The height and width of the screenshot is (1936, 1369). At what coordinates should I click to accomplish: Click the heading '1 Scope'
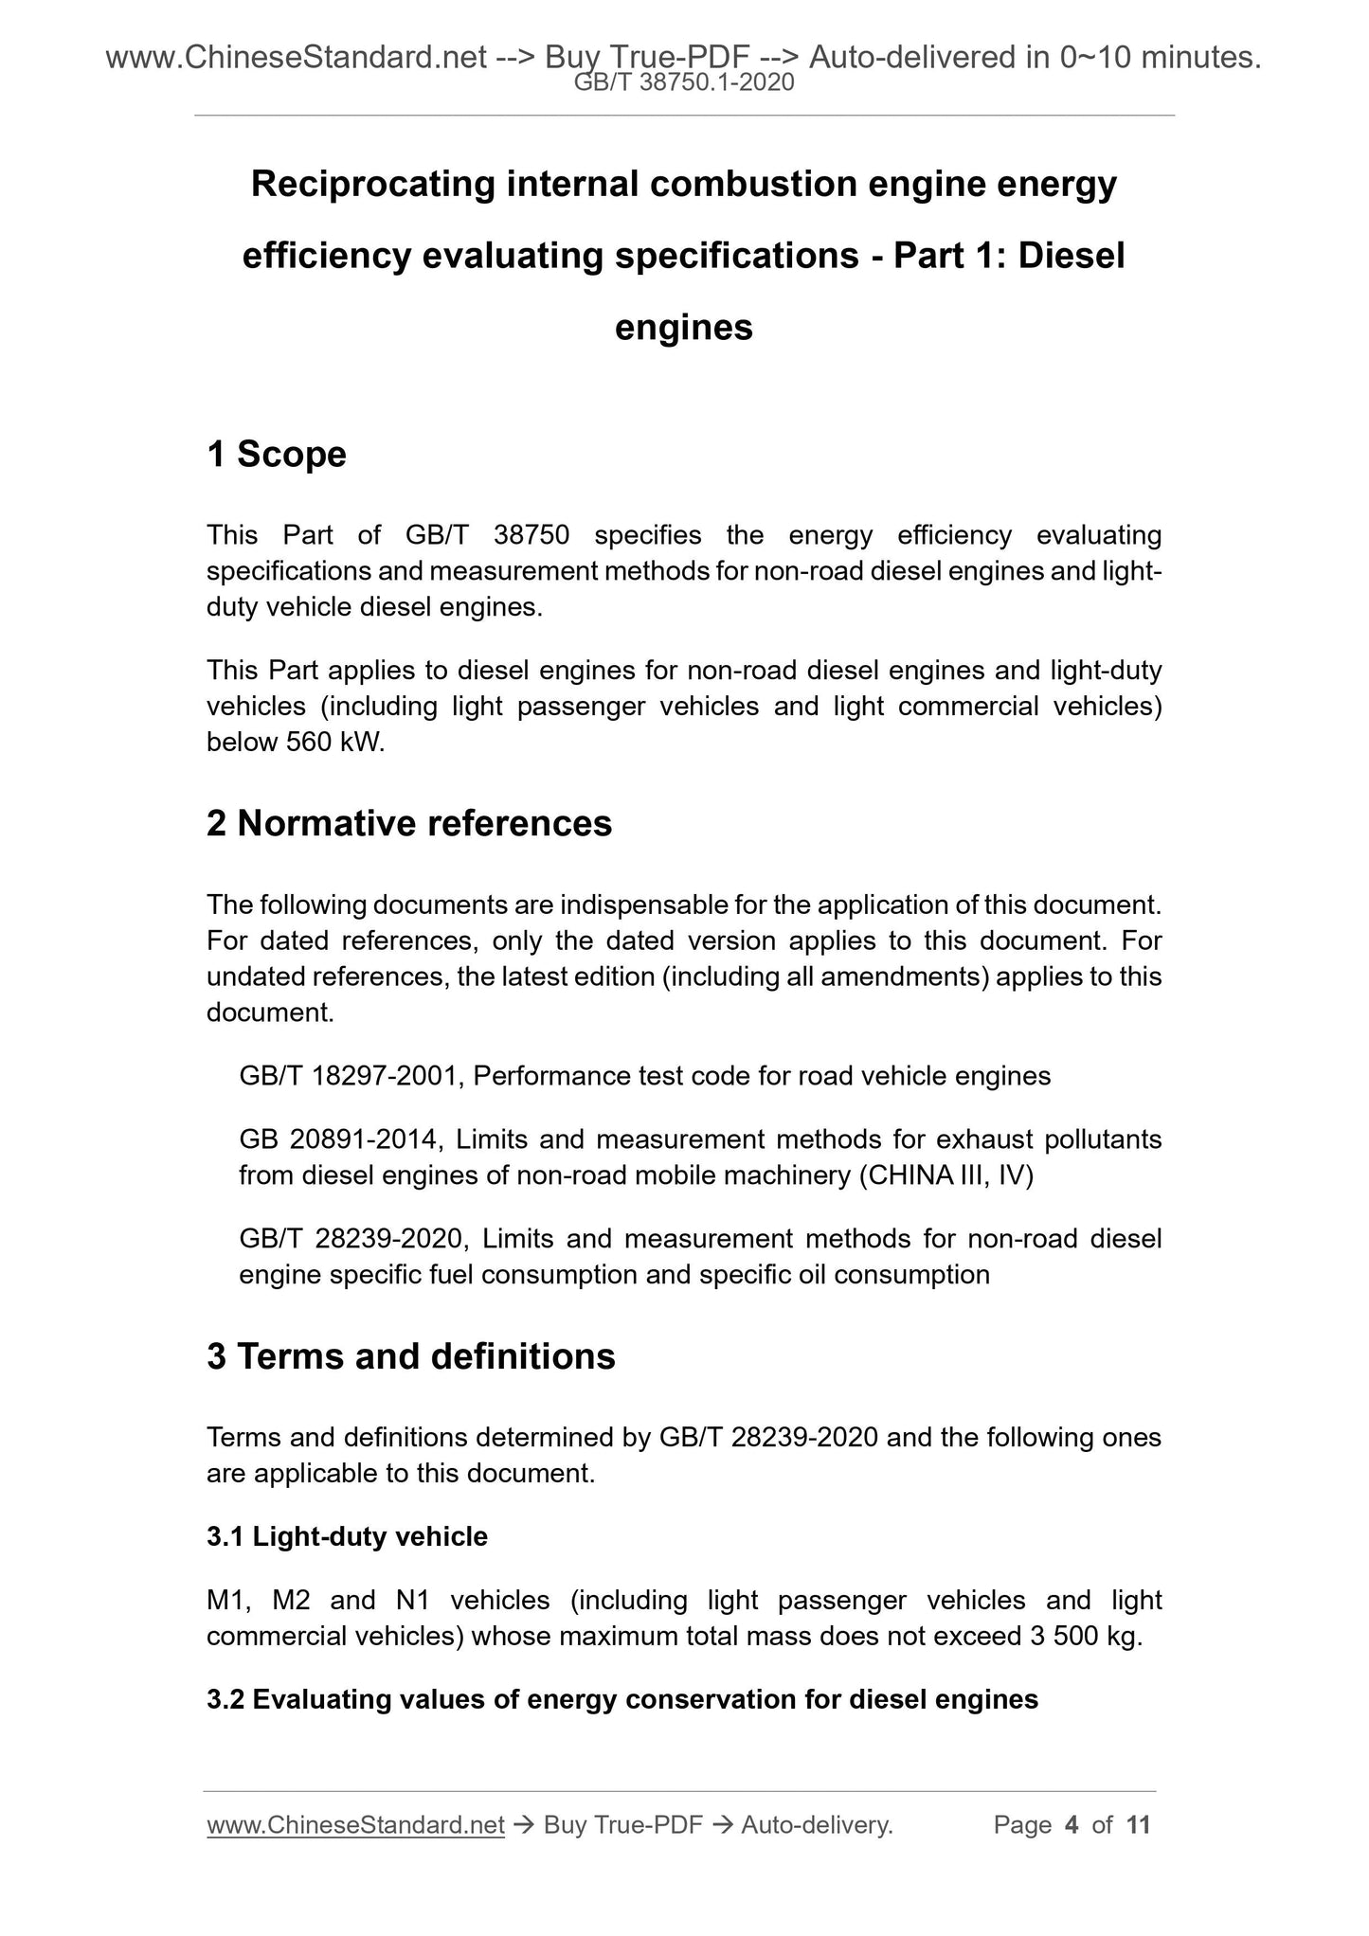click(277, 455)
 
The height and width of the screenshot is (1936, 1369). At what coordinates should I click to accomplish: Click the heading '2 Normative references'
click(409, 823)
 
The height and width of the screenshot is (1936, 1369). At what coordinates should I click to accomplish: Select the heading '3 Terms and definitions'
click(411, 1356)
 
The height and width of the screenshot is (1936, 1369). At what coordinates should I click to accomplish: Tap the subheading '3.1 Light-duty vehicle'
click(347, 1536)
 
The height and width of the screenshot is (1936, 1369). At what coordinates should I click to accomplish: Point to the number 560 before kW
click(307, 743)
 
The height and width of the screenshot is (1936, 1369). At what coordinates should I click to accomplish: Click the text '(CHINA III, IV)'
click(946, 1175)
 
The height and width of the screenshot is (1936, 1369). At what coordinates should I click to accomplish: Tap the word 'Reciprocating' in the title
click(372, 184)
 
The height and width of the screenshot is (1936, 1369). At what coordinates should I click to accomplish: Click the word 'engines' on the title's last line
click(684, 328)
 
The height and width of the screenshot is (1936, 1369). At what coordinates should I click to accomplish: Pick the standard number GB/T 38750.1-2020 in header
click(684, 83)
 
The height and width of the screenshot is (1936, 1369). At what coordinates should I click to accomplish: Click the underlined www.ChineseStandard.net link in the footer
click(355, 1825)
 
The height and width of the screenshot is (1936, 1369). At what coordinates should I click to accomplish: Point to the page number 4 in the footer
click(1072, 1825)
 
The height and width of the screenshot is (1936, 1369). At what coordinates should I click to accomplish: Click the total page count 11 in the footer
click(1138, 1825)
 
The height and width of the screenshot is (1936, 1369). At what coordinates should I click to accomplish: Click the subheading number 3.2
click(225, 1699)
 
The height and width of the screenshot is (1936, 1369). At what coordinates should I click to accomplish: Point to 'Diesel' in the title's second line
click(1071, 256)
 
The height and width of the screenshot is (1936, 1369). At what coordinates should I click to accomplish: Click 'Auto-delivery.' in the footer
click(817, 1825)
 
